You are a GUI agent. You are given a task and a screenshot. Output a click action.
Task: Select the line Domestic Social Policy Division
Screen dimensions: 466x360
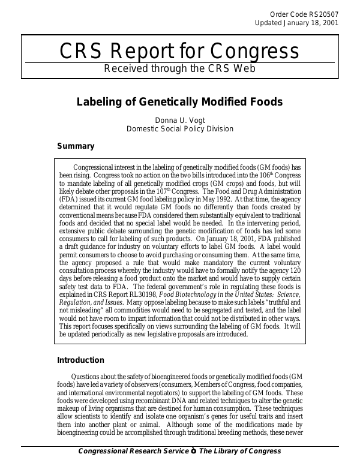(180, 128)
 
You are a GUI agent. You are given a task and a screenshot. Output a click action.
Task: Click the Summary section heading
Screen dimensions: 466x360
(76, 146)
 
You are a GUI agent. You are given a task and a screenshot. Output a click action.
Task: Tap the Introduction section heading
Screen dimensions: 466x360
(80, 360)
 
